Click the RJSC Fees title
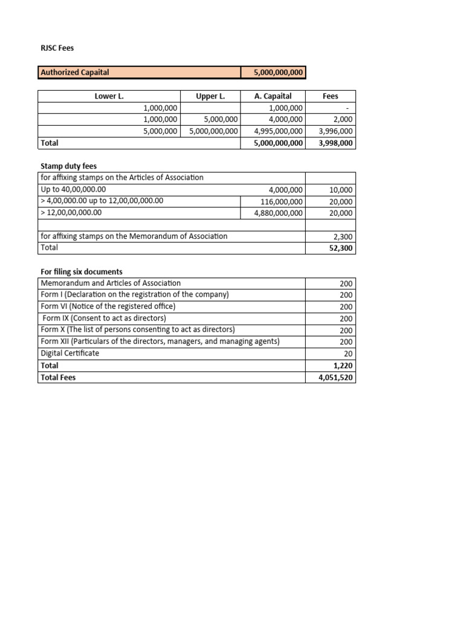(x=57, y=48)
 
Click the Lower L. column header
(x=109, y=96)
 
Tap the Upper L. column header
(x=210, y=96)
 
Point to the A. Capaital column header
(x=273, y=96)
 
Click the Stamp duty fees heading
(x=68, y=166)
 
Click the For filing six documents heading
(x=82, y=271)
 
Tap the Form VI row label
(x=108, y=306)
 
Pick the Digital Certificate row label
(x=70, y=353)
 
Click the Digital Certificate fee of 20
(x=348, y=354)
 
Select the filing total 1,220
(x=344, y=365)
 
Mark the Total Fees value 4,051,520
(x=336, y=377)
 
